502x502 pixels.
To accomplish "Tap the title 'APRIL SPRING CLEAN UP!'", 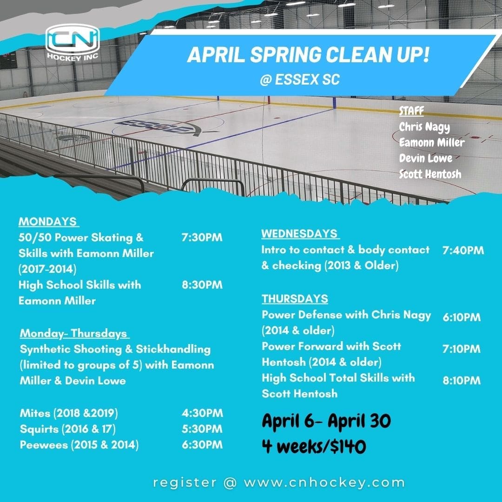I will point(308,55).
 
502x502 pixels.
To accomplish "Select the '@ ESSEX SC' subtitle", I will point(300,79).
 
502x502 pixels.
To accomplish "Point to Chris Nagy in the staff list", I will point(424,127).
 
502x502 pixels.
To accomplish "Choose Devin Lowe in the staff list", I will point(425,158).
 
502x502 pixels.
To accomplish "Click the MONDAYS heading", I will point(48,221).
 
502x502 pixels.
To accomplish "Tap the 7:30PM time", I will point(202,238).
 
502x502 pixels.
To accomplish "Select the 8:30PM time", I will point(202,284).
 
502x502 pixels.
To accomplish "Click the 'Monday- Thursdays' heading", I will point(74,333).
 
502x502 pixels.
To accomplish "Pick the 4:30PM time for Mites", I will point(202,413).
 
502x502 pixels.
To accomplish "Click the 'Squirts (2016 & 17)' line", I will point(68,429).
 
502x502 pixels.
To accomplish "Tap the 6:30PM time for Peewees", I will point(202,444).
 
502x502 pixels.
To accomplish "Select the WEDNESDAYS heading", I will point(300,233).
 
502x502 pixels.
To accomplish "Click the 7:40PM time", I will point(463,251).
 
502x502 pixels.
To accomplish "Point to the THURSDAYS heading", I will point(295,298).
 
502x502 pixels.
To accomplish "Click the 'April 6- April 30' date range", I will point(326,422).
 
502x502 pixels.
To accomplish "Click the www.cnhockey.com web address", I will point(324,482).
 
